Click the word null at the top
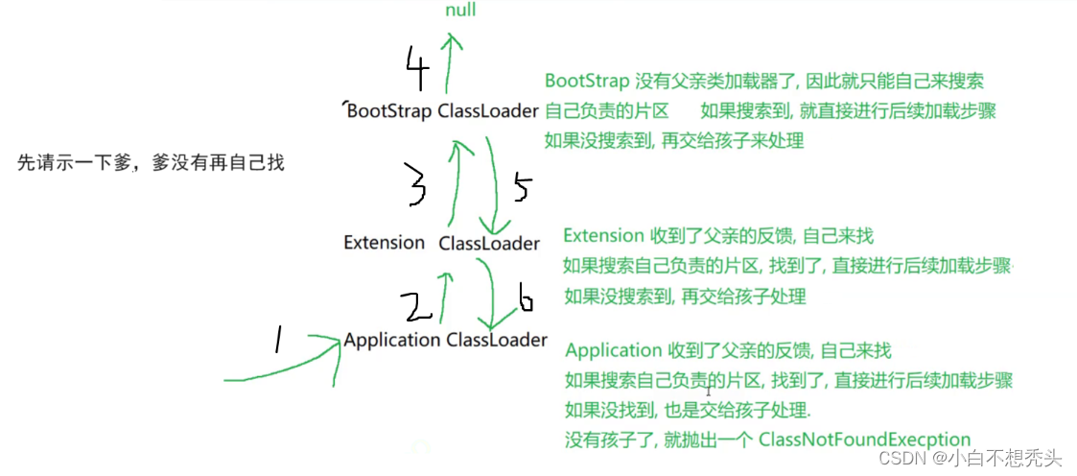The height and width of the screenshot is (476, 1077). [459, 11]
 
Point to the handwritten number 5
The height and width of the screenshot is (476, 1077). [521, 188]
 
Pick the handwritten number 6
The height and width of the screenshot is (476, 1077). [525, 301]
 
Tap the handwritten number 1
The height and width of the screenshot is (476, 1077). [279, 338]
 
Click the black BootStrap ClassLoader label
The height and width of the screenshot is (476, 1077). [442, 111]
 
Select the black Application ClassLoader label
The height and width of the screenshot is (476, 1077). [445, 340]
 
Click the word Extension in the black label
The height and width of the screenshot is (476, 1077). [384, 243]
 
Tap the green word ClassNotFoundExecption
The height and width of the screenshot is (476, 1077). [864, 440]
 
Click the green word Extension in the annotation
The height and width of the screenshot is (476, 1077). [603, 235]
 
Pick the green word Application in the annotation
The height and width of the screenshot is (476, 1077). [614, 350]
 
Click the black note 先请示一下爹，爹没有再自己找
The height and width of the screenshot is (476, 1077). [151, 163]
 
